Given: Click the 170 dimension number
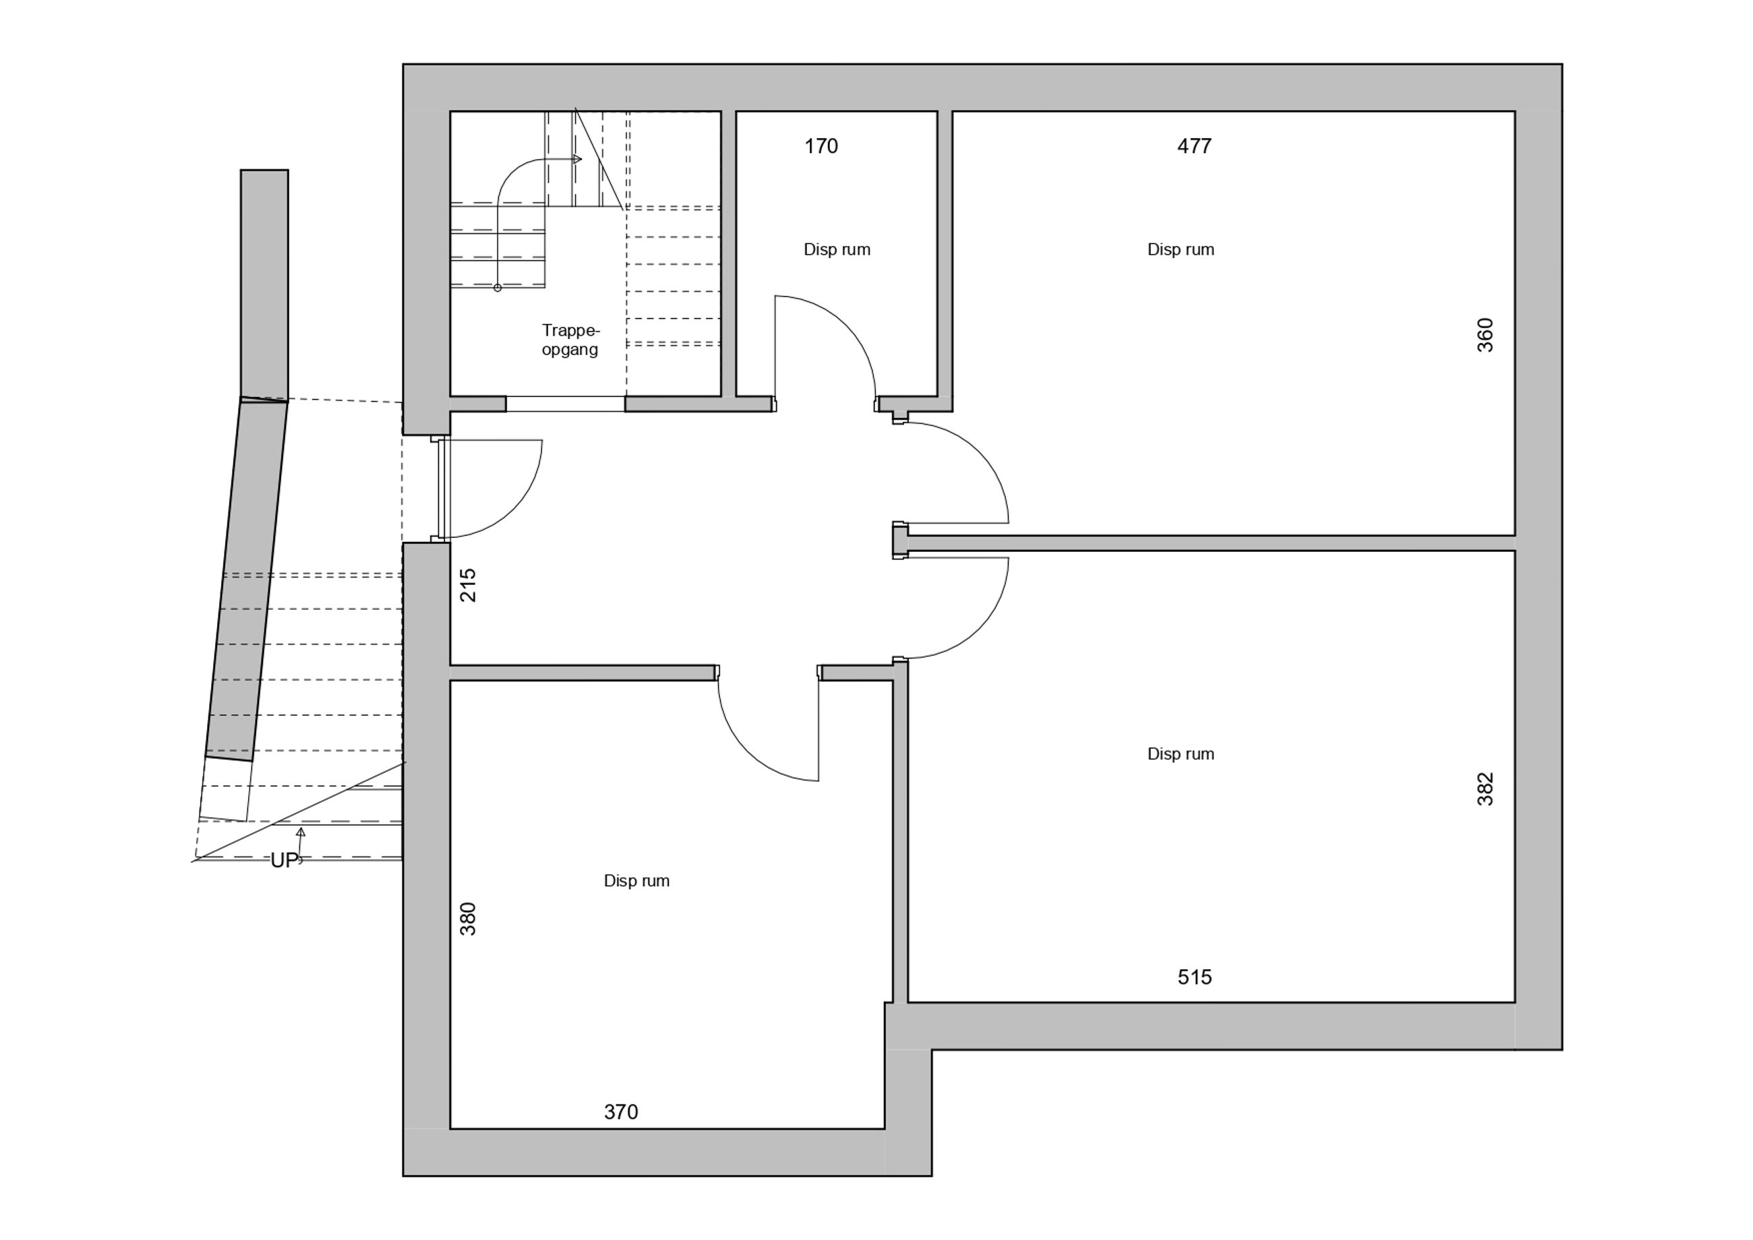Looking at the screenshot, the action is pos(821,146).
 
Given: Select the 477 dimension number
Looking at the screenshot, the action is pos(1195,146).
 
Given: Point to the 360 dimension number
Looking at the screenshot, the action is pos(1485,334).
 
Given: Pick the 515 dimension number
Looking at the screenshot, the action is pos(1195,976).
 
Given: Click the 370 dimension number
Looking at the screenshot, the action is pos(621,1112).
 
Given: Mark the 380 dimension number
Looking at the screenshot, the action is pos(467,919).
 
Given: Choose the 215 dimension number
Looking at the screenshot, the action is pos(467,585).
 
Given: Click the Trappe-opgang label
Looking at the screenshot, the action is pos(570,340).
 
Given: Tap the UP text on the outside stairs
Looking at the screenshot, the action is pos(283,861).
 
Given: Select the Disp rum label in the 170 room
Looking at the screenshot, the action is pos(837,249).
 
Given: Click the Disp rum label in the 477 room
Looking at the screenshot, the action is pos(1181,249).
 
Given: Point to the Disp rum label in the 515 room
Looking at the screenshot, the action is pos(1181,753).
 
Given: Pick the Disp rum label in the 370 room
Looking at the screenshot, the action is pos(636,880).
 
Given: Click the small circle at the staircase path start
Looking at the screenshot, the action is pos(498,288).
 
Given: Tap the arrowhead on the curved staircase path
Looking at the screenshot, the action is pos(577,160).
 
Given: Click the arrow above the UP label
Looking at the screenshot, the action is pos(301,844).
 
